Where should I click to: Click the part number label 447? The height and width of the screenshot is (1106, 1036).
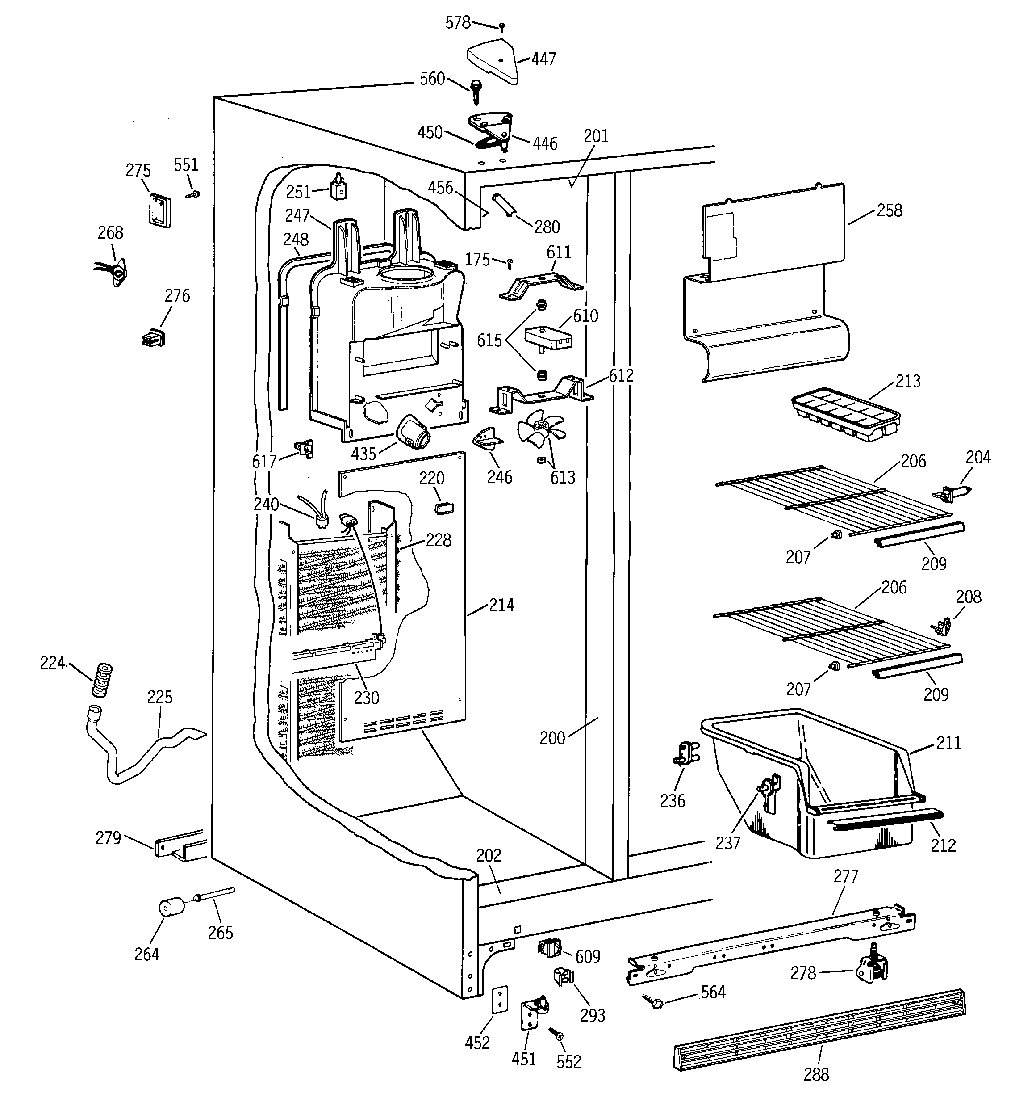543,59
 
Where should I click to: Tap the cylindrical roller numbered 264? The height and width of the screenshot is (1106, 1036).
171,908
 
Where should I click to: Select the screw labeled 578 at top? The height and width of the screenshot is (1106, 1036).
501,27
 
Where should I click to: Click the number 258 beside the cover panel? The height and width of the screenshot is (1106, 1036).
889,210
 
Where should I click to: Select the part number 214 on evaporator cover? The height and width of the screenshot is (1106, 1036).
501,605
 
